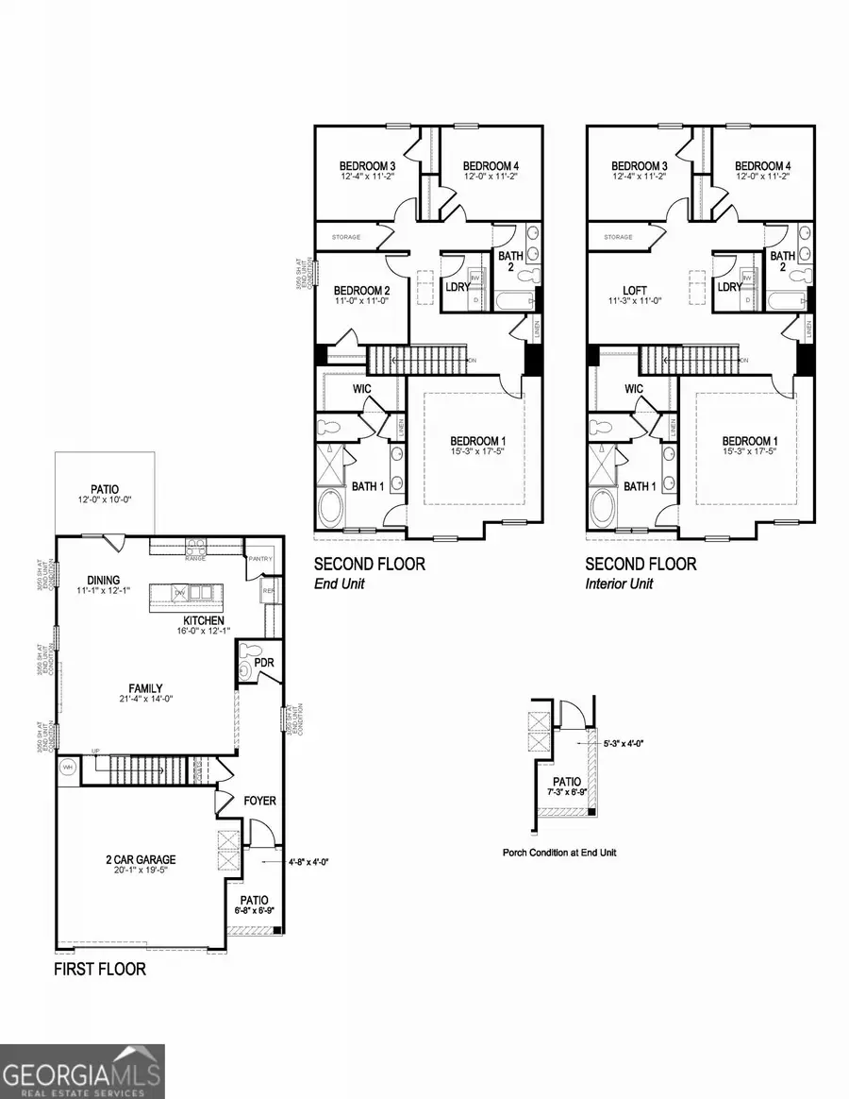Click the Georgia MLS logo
[82, 1071]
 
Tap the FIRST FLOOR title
[99, 970]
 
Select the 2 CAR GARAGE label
[141, 860]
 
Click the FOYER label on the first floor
[259, 801]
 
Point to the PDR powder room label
[264, 663]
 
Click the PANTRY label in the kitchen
[260, 559]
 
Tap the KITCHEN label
[204, 620]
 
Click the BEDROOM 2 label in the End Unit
[362, 290]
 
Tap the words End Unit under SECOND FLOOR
[339, 583]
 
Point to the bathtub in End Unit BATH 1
[332, 507]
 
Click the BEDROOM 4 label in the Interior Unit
[763, 165]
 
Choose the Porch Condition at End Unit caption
[560, 853]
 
